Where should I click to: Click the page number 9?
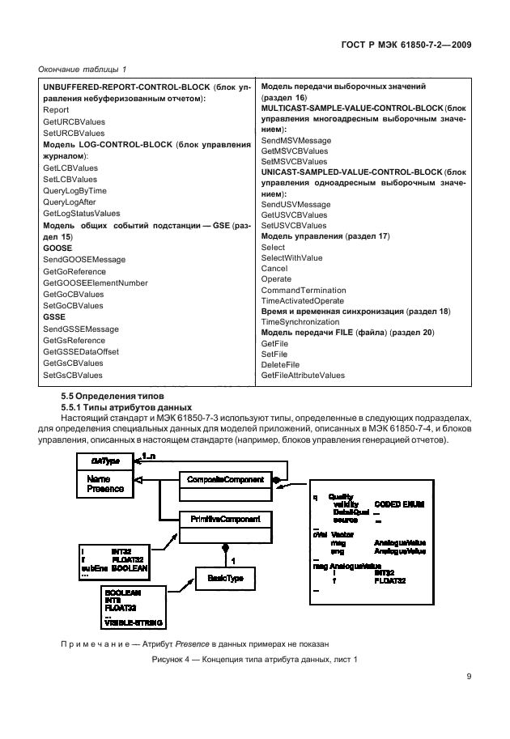pyautogui.click(x=469, y=677)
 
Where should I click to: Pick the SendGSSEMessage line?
pyautogui.click(x=80, y=329)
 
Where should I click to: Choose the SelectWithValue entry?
pyautogui.click(x=291, y=257)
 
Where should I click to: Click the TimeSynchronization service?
pyautogui.click(x=300, y=321)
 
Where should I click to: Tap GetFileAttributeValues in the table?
pyautogui.click(x=303, y=375)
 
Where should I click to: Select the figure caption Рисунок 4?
pyautogui.click(x=254, y=660)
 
